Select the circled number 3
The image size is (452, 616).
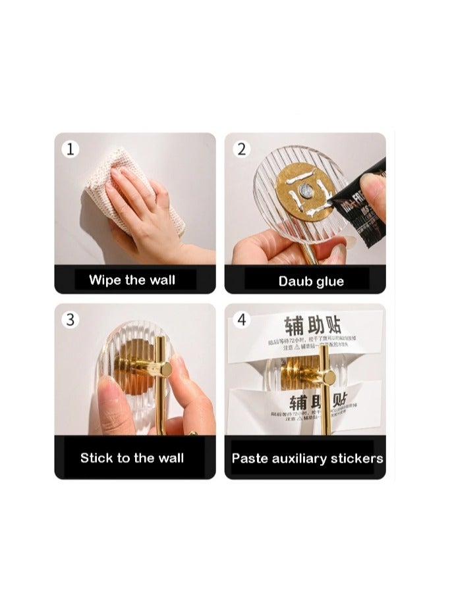pos(71,320)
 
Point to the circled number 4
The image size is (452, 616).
pos(241,320)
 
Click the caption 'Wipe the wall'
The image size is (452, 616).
pos(132,280)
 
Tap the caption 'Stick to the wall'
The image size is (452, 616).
pos(132,457)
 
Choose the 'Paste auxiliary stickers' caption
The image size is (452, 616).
pos(307,458)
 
